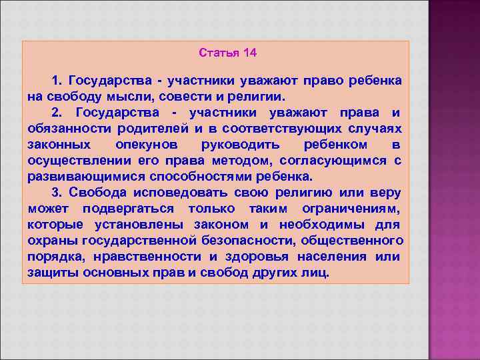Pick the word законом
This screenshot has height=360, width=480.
pyautogui.click(x=221, y=225)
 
